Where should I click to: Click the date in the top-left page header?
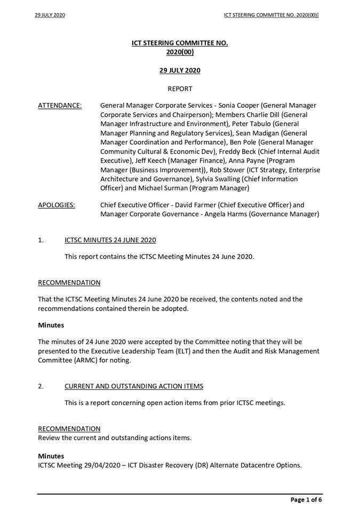click(x=50, y=15)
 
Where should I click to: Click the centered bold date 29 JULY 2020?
click(x=180, y=70)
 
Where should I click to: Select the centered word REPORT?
click(x=180, y=89)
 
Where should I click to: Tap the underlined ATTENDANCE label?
click(x=60, y=106)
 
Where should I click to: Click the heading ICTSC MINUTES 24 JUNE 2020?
click(x=110, y=240)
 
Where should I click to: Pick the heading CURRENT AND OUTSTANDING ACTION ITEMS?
click(x=133, y=386)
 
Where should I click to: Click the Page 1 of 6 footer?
click(x=306, y=500)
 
